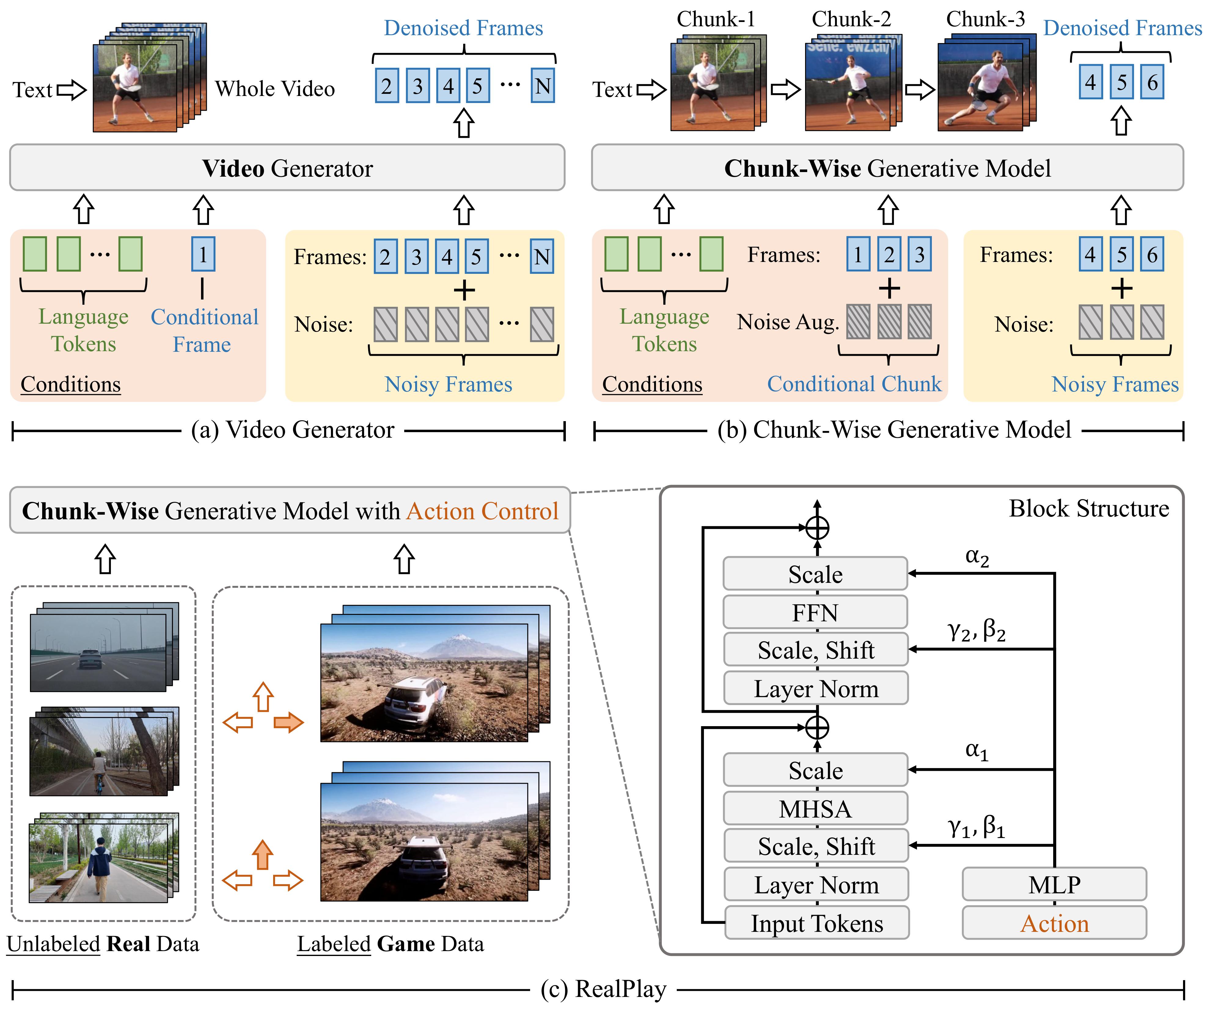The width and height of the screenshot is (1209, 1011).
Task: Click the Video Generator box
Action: click(287, 167)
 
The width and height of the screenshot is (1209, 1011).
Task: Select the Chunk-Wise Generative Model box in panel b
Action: click(887, 167)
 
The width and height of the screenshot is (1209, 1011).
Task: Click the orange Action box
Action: click(1054, 923)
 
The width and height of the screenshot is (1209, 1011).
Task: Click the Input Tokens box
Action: click(816, 923)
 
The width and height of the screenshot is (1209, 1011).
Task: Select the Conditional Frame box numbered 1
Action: click(203, 254)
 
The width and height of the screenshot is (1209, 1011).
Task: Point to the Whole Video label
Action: click(275, 89)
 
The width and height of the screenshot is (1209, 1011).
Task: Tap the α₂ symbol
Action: click(977, 557)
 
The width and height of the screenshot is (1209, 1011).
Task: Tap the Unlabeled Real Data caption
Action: click(103, 944)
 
